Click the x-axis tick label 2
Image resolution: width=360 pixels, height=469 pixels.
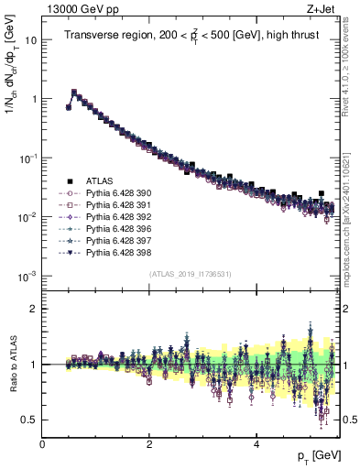click(149, 444)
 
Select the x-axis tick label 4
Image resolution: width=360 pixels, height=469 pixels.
click(256, 444)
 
